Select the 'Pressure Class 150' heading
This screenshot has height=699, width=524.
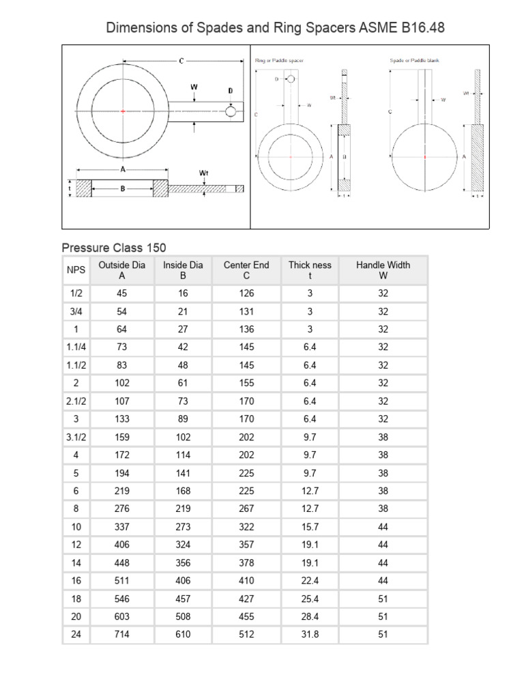(114, 247)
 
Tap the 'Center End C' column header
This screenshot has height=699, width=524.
(246, 270)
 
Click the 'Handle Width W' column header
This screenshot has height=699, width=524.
(383, 270)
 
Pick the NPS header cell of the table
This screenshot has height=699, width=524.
(76, 270)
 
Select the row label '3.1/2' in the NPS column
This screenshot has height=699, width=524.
(76, 437)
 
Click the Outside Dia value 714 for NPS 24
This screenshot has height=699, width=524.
(122, 634)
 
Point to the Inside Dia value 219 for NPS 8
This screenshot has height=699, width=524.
(182, 509)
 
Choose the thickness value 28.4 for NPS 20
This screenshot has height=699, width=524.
(309, 616)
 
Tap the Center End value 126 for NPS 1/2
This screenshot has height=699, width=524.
(246, 294)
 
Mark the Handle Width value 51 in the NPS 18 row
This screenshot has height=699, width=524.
(383, 599)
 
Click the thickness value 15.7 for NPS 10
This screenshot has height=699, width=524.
(309, 527)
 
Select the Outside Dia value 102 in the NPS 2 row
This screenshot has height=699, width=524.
(122, 383)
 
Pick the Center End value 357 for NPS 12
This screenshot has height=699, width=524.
(246, 545)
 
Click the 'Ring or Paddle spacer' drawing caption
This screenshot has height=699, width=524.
(279, 61)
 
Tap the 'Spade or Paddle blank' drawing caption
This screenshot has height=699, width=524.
(414, 61)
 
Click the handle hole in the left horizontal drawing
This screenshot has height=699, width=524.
(231, 111)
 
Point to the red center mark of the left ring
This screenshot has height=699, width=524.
(122, 111)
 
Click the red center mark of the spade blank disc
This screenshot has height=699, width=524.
(424, 157)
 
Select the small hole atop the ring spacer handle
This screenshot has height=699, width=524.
(291, 80)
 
